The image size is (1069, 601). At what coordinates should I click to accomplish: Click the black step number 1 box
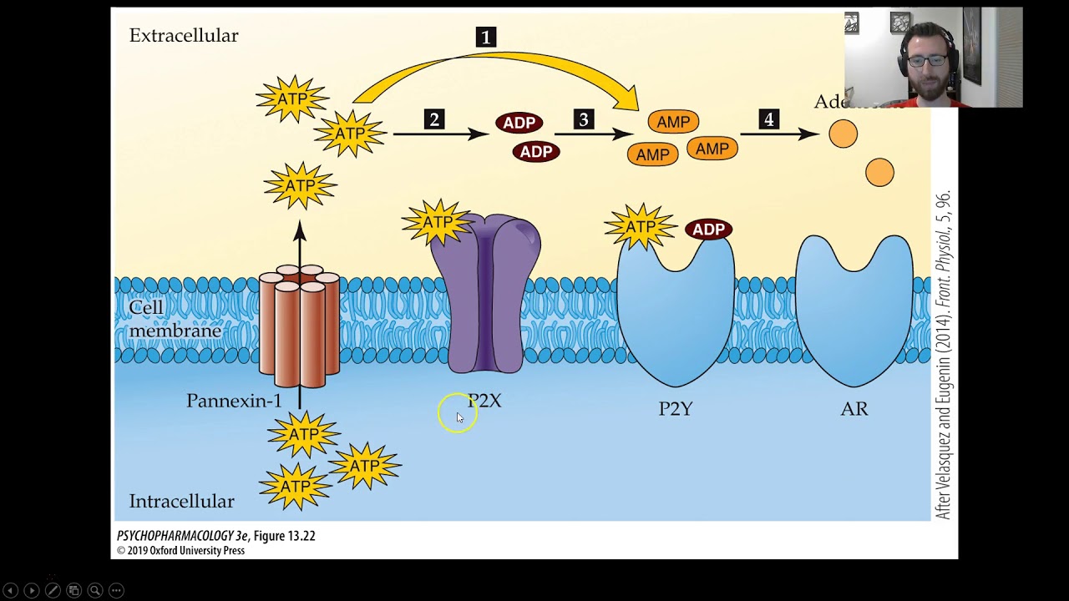point(485,37)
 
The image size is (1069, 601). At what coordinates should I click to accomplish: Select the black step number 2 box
point(433,120)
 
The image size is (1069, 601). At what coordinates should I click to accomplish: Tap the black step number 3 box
point(584,120)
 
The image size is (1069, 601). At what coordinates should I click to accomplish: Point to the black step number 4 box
point(768,120)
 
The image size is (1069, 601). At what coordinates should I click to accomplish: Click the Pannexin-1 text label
point(234,402)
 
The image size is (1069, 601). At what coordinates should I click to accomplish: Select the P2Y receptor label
point(675,409)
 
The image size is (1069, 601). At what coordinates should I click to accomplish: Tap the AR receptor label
point(854,409)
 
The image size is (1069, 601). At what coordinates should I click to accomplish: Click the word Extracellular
point(184,36)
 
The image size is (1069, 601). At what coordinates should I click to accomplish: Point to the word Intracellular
point(181,502)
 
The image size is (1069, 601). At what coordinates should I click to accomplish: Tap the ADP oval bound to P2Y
point(708,230)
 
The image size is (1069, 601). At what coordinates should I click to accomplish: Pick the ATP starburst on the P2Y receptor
point(640,227)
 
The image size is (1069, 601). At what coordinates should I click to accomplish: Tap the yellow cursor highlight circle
point(457,414)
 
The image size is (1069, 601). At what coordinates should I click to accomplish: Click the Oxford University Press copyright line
point(180,551)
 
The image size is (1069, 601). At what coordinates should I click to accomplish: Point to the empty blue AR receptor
point(854,309)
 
